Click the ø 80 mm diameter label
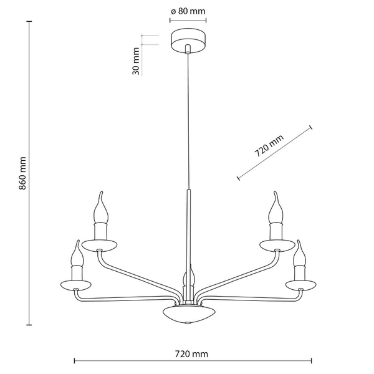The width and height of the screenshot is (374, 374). (188, 11)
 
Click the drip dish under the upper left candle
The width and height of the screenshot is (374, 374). (100, 244)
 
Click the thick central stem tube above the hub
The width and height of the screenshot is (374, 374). (188, 231)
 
